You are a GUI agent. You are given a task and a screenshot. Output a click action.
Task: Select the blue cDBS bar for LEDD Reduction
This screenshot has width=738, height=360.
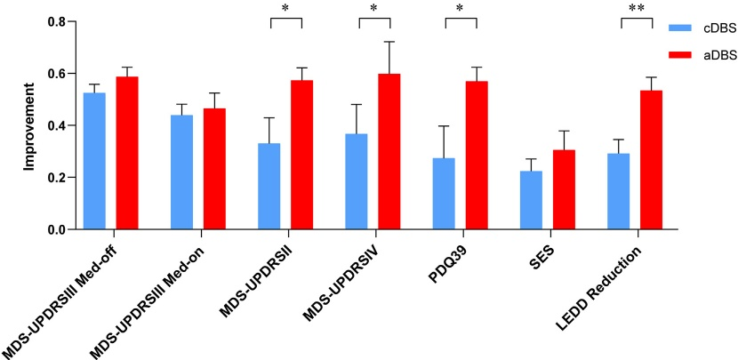coord(618,192)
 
